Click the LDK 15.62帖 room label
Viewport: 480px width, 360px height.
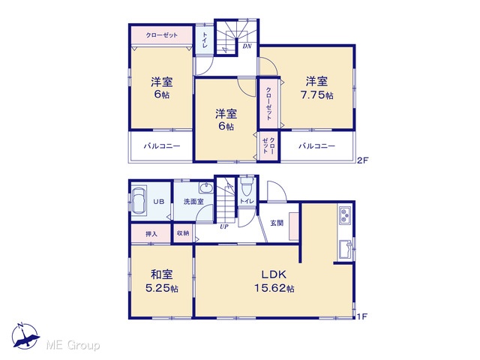click(274, 281)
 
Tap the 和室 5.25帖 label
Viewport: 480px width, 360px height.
click(162, 281)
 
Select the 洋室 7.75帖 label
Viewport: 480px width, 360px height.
click(316, 88)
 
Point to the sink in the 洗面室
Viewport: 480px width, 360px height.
click(206, 188)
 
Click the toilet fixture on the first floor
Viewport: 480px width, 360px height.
click(247, 187)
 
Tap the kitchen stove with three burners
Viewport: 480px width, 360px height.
click(345, 214)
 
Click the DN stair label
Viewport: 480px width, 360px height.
click(247, 46)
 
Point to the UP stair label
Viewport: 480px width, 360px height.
click(224, 226)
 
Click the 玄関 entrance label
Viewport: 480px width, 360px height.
click(277, 223)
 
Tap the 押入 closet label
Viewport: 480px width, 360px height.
click(151, 234)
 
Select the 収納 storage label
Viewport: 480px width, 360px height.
click(183, 233)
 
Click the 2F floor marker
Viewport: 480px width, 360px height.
click(362, 160)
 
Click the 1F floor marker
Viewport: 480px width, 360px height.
click(362, 316)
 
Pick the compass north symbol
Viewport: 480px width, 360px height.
click(25, 336)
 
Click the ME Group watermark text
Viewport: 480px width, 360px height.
click(73, 346)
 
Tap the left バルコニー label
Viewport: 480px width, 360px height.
click(162, 146)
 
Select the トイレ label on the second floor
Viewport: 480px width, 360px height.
click(204, 40)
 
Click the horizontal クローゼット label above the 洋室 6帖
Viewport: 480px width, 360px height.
click(162, 35)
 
